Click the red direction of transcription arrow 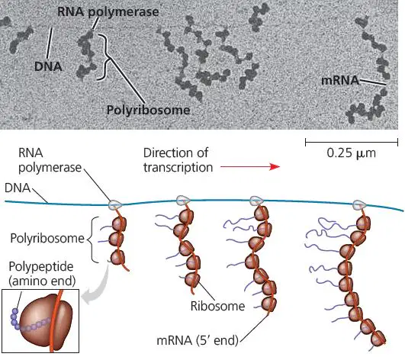[250, 166]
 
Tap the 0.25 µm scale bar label [352, 153]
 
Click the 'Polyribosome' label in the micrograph [148, 111]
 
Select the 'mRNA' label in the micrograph [340, 81]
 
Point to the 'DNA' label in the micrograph [48, 66]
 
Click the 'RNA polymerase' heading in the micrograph [108, 12]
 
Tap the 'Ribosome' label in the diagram [217, 306]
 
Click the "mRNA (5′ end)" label [198, 340]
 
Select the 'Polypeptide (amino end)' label [42, 274]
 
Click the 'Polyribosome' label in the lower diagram [47, 238]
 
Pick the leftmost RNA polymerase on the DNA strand [115, 205]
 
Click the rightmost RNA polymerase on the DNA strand [359, 205]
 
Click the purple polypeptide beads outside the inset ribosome [15, 319]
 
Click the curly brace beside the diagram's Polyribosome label [91, 239]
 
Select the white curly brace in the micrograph [104, 57]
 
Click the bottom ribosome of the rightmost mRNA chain [378, 338]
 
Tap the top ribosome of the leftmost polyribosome [119, 224]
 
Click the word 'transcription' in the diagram [178, 167]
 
